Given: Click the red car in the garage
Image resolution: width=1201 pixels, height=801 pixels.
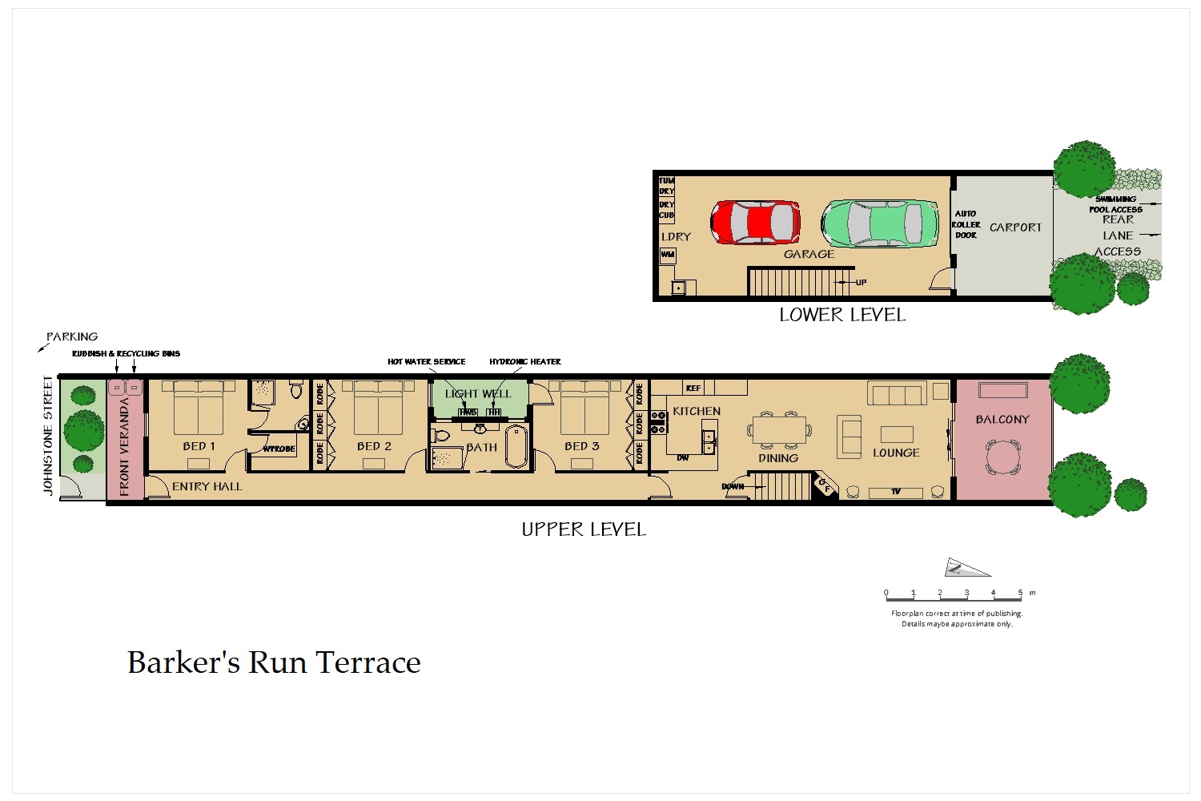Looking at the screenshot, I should [x=755, y=222].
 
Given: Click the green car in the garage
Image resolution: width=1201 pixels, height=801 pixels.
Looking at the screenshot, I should [x=880, y=223].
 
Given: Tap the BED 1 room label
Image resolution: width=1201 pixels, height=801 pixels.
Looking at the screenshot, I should [x=199, y=446].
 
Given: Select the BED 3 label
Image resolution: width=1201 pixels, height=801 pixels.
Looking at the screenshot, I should [x=581, y=446].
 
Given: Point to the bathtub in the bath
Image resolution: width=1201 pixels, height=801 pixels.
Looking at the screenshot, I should [x=516, y=446].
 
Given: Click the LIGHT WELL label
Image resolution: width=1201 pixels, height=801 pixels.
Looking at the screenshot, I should [x=478, y=393].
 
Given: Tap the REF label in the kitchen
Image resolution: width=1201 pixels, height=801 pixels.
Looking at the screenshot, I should [x=693, y=388].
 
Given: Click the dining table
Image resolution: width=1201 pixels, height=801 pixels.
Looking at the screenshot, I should [x=779, y=430].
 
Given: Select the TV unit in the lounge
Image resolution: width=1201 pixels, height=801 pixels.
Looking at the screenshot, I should [x=895, y=492].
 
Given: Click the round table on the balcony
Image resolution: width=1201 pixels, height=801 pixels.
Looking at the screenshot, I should [x=1003, y=458].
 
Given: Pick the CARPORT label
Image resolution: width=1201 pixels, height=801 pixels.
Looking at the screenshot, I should [x=1015, y=227].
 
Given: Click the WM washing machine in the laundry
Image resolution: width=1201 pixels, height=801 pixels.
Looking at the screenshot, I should [x=668, y=255].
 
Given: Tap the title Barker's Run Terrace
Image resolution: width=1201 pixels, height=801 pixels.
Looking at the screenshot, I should [x=274, y=662].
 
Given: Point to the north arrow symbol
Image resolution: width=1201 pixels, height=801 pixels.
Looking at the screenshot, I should [x=966, y=568].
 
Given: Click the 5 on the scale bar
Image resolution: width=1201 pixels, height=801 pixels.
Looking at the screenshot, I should [x=1020, y=594].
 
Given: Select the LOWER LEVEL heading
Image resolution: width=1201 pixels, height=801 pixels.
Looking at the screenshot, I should [x=842, y=315].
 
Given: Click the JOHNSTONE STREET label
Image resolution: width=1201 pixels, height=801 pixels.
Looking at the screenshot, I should [x=49, y=434].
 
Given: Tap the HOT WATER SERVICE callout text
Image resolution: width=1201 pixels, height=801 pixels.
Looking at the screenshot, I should [x=426, y=362].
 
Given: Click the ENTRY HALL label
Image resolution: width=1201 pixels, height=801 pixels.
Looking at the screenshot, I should [x=207, y=486].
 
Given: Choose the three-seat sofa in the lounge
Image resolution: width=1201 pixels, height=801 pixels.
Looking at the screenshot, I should [x=897, y=394].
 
